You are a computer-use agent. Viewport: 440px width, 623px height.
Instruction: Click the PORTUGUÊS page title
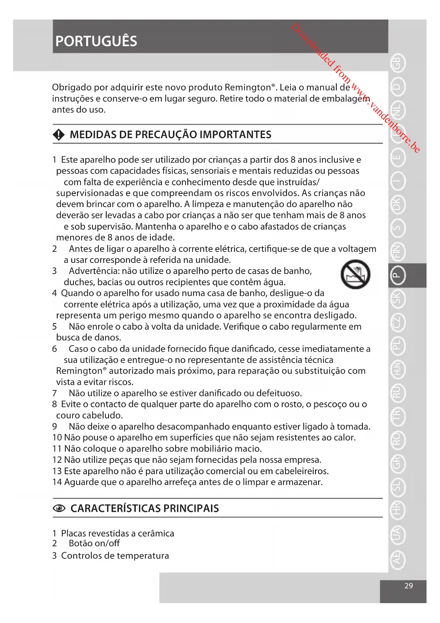pos(96,41)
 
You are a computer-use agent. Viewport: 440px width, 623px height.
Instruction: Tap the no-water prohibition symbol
pos(355,275)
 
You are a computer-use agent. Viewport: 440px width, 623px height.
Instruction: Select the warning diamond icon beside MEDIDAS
pos(59,135)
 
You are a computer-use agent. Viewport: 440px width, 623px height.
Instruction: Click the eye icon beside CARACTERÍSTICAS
pos(59,509)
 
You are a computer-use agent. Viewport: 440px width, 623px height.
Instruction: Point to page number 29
pos(408,586)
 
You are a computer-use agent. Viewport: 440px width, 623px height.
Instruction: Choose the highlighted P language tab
pos(397,275)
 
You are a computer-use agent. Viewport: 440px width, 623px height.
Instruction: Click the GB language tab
pos(397,63)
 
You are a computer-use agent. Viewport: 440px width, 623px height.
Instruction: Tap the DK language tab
pos(397,205)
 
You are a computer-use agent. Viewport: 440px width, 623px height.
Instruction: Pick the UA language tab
pos(397,534)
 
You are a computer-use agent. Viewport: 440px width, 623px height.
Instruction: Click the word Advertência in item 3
pos(94,271)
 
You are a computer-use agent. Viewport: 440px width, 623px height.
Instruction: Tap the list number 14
pos(57,482)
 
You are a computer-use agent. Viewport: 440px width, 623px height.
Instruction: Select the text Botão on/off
pos(94,543)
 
